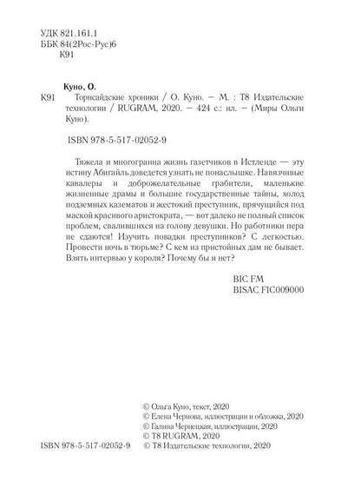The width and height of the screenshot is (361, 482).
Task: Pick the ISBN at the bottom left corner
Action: click(82, 468)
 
